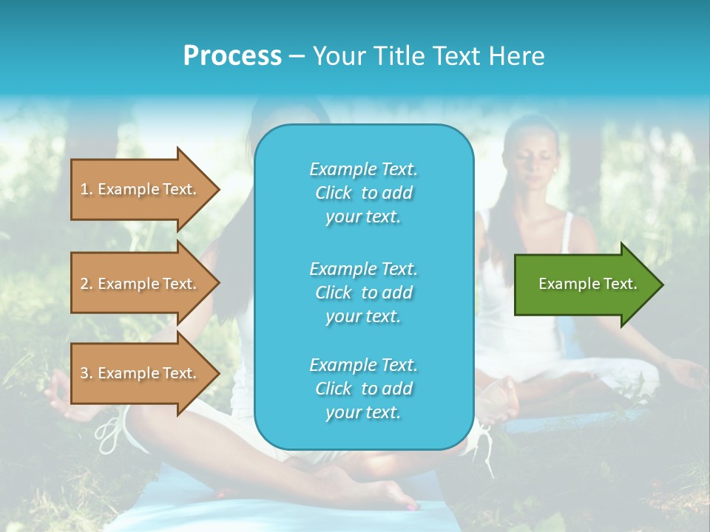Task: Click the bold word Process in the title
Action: coord(232,56)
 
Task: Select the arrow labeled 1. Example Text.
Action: coord(141,189)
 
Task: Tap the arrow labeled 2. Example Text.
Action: coord(141,284)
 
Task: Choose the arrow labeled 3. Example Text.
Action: coord(141,373)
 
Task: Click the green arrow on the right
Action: coord(584,284)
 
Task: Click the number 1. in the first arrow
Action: coord(87,189)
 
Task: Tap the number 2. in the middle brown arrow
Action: coord(87,284)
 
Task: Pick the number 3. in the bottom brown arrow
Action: coord(87,373)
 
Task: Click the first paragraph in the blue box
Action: coord(363,193)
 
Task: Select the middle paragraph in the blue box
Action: coord(363,293)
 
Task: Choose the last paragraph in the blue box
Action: coord(363,389)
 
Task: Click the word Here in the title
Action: coord(520,56)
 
